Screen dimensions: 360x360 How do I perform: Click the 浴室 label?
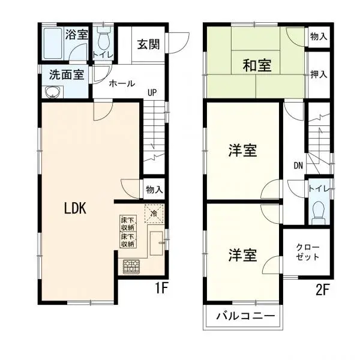pos(76,34)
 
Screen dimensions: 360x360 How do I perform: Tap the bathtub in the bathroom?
pos(52,44)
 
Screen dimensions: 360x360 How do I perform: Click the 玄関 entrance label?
pos(148,44)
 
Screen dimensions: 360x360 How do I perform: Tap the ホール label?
pos(122,84)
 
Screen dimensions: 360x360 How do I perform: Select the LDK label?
pos(76,208)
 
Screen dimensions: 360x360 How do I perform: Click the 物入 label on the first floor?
pos(154,190)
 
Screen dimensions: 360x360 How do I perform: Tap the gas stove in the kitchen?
pos(131,266)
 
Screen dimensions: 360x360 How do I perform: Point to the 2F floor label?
pos(323,289)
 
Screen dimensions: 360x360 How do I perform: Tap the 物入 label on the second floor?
pos(319,37)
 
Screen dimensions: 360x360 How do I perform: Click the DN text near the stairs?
pos(298,165)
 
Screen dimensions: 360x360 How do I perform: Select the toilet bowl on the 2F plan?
pos(319,211)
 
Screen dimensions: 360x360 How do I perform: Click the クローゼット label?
pos(308,252)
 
